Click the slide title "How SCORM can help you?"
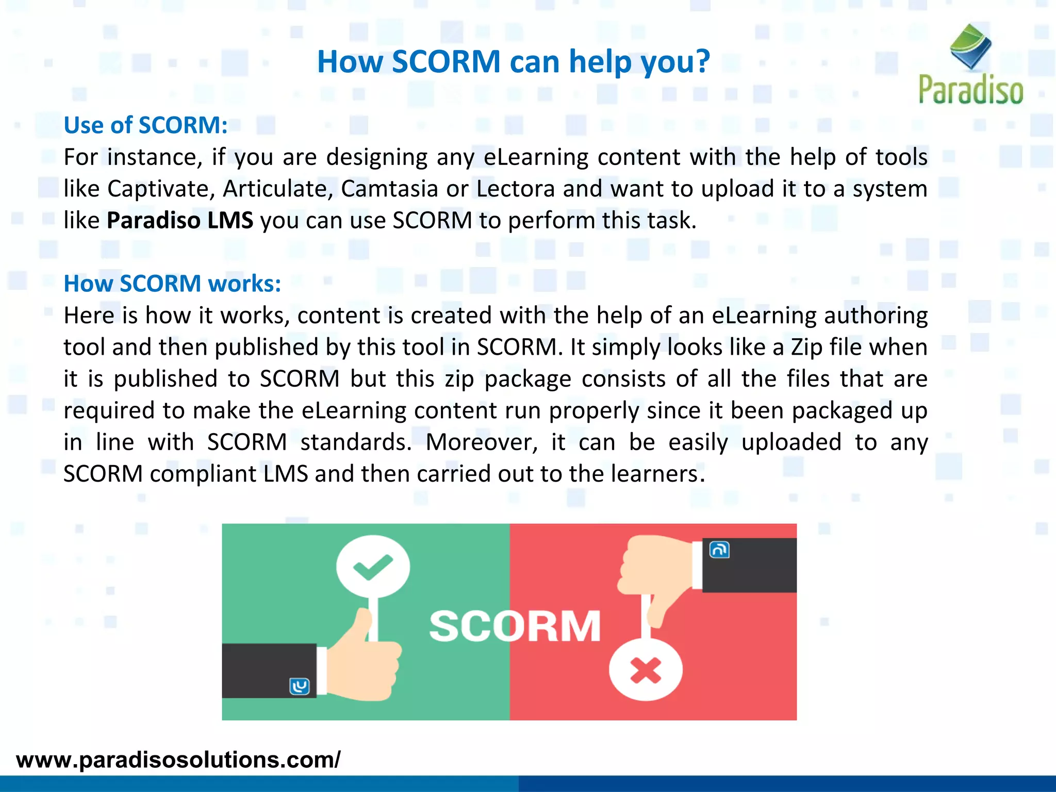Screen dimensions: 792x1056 click(513, 62)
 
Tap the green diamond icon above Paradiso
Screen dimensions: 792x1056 click(970, 46)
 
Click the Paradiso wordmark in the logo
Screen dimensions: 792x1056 click(970, 90)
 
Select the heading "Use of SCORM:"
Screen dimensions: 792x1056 click(145, 125)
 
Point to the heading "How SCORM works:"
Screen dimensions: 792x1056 click(172, 284)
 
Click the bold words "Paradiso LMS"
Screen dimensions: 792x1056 click(180, 221)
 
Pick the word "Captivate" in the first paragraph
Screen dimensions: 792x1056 click(161, 189)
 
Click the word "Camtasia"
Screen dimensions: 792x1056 click(389, 189)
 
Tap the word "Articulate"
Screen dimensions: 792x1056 click(278, 189)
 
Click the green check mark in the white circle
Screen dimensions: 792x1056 click(373, 566)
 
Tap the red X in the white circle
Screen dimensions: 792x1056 click(646, 671)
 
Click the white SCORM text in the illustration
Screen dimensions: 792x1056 click(515, 626)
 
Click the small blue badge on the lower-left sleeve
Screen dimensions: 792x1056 click(300, 686)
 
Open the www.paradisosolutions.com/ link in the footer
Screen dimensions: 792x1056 click(178, 760)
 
